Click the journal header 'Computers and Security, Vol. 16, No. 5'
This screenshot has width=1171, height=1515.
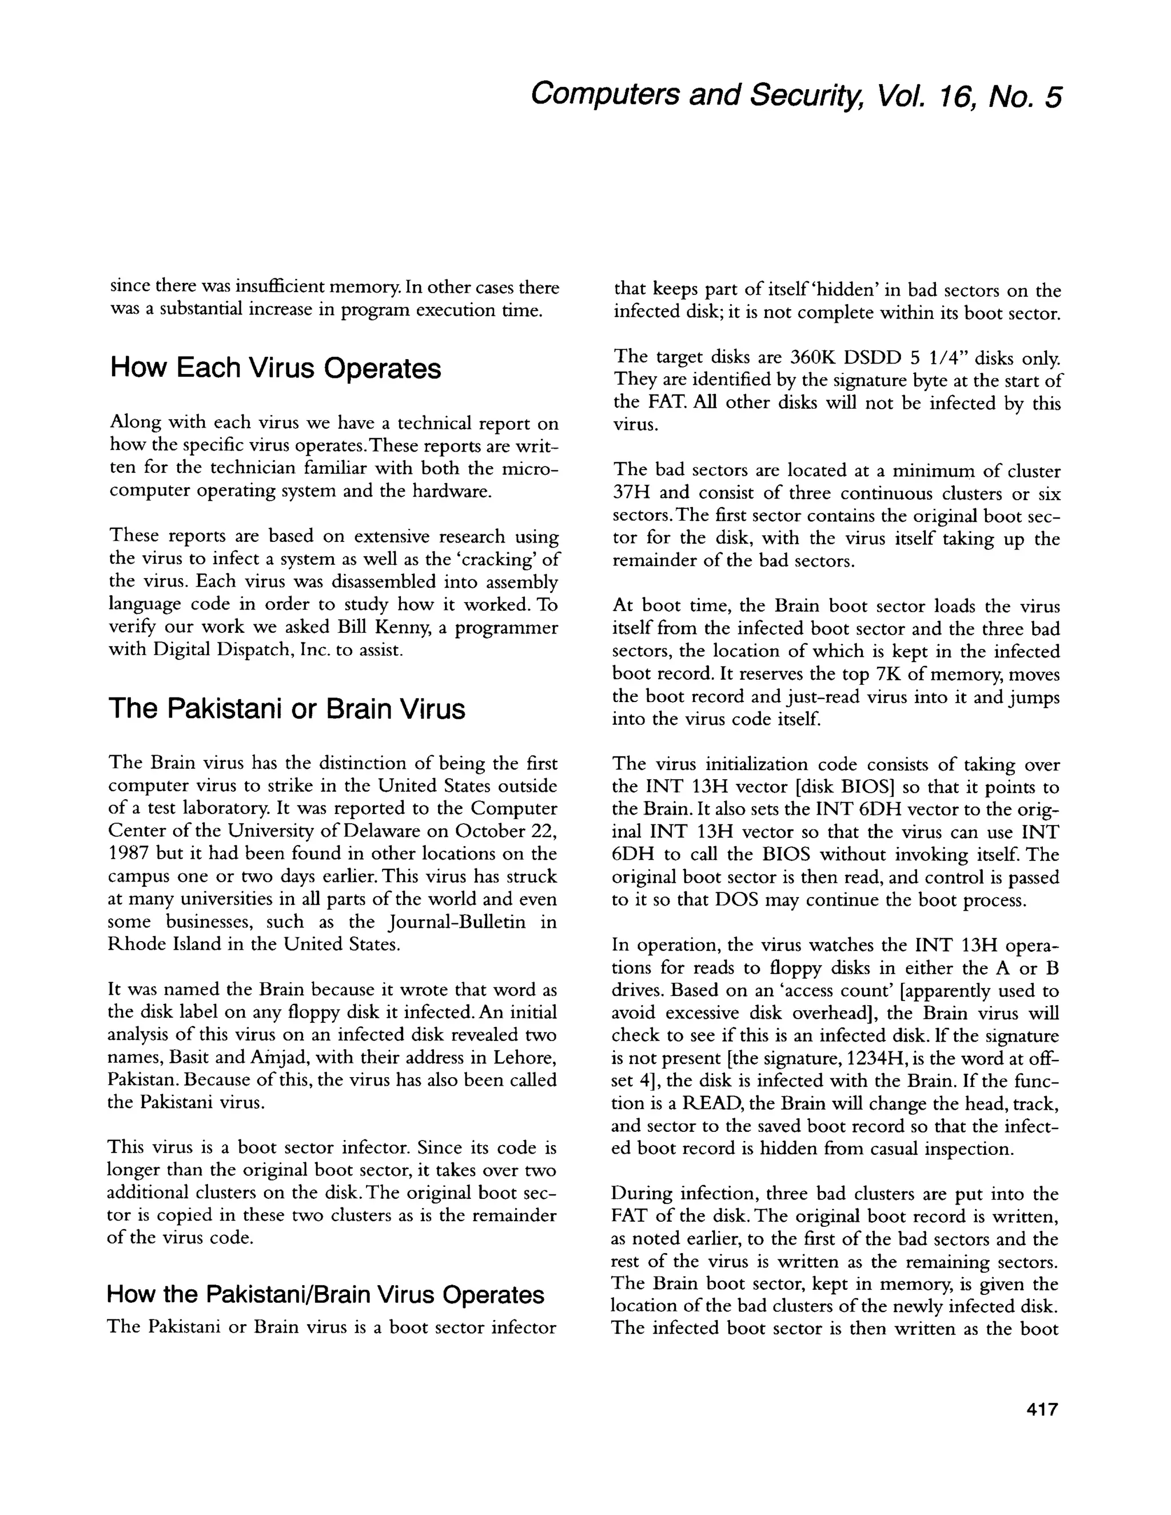click(x=796, y=95)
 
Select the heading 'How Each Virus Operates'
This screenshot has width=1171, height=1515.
click(x=276, y=368)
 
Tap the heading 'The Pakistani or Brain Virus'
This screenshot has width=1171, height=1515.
click(x=287, y=708)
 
